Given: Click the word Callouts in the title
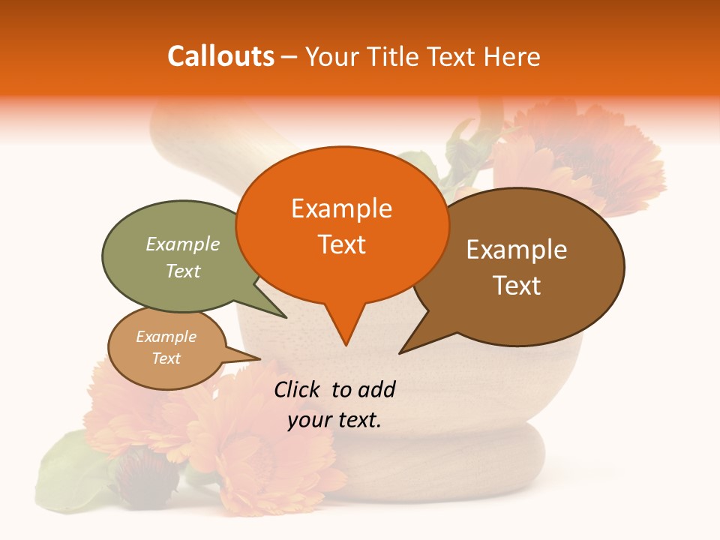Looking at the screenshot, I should pos(220,56).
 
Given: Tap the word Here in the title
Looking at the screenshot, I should pos(512,56).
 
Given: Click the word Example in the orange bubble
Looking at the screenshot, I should pos(341,208).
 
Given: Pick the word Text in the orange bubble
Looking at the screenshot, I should pos(341,244).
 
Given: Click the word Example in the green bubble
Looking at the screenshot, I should pos(183,244).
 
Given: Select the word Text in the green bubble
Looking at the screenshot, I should pos(183,271).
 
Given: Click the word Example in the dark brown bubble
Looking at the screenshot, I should pos(517,250).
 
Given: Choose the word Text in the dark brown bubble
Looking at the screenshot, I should pos(517,286).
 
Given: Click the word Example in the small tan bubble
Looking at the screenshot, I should pos(166,337).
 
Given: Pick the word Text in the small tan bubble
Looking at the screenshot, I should pos(166,358).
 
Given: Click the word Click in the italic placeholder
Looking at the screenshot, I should pos(298,389).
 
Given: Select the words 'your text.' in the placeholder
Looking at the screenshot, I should pos(334,420).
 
